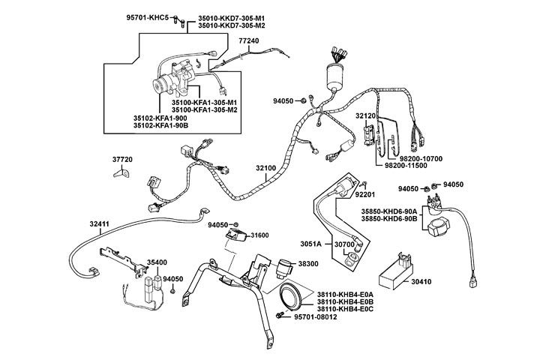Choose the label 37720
pyautogui.click(x=123, y=160)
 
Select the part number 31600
pyautogui.click(x=259, y=235)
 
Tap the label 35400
pyautogui.click(x=157, y=262)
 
